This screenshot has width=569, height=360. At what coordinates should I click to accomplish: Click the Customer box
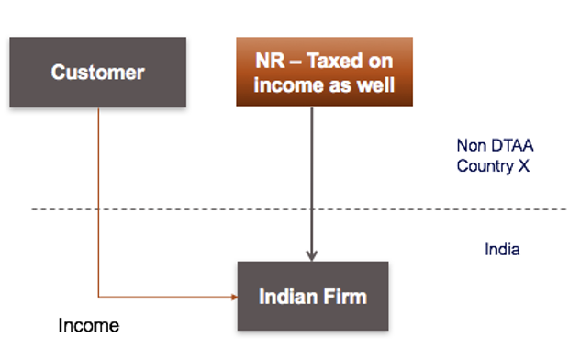97,72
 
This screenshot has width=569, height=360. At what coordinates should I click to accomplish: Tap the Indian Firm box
313,297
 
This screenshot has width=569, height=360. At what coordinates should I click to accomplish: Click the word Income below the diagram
88,325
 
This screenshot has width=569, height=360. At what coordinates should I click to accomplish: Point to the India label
502,249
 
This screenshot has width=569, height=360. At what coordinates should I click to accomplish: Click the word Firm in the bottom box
348,297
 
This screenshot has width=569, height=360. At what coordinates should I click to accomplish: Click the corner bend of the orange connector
98,297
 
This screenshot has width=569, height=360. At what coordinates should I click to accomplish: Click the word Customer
97,72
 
